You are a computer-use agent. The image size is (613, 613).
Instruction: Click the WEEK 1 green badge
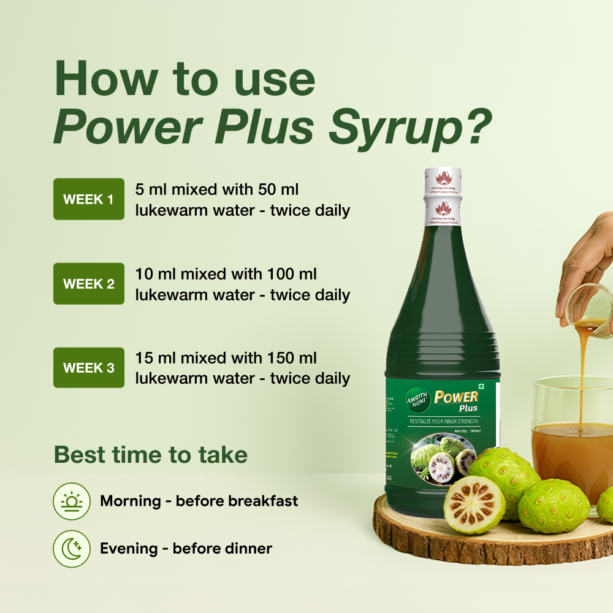(x=89, y=199)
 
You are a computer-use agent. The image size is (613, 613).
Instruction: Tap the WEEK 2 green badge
(x=89, y=284)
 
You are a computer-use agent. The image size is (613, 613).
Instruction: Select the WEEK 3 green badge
(x=89, y=368)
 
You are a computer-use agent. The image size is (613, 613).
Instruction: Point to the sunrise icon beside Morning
(x=72, y=501)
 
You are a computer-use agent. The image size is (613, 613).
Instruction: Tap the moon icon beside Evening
(x=72, y=549)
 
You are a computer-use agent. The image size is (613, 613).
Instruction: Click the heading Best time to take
(x=151, y=455)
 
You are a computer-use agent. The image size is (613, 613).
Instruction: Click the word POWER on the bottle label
(x=456, y=396)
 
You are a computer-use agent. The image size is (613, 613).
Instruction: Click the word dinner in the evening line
(x=249, y=548)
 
